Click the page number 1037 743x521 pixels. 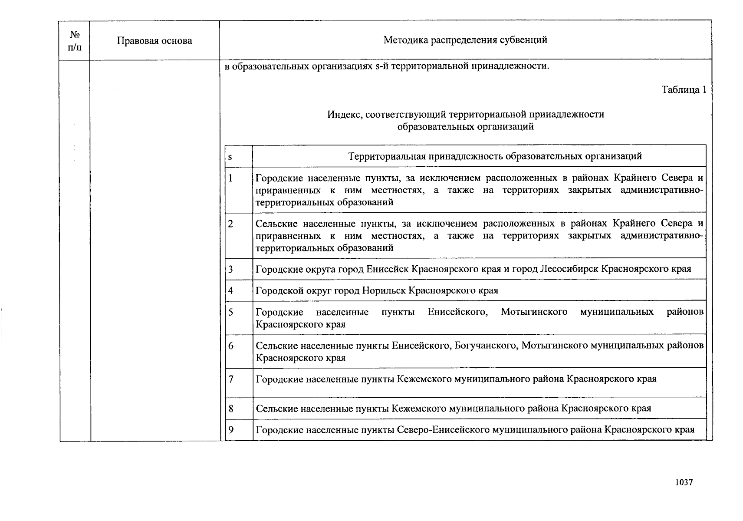(x=684, y=482)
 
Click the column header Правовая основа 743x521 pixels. (x=154, y=41)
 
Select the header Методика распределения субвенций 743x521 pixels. (x=465, y=40)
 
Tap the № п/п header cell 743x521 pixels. (x=75, y=41)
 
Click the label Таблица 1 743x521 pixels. (x=684, y=89)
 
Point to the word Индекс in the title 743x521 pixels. (x=345, y=115)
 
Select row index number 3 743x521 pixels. (x=230, y=269)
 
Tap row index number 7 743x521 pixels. (x=231, y=379)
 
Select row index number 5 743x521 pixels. (x=230, y=312)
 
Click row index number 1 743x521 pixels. (x=230, y=178)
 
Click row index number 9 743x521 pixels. (x=231, y=430)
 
